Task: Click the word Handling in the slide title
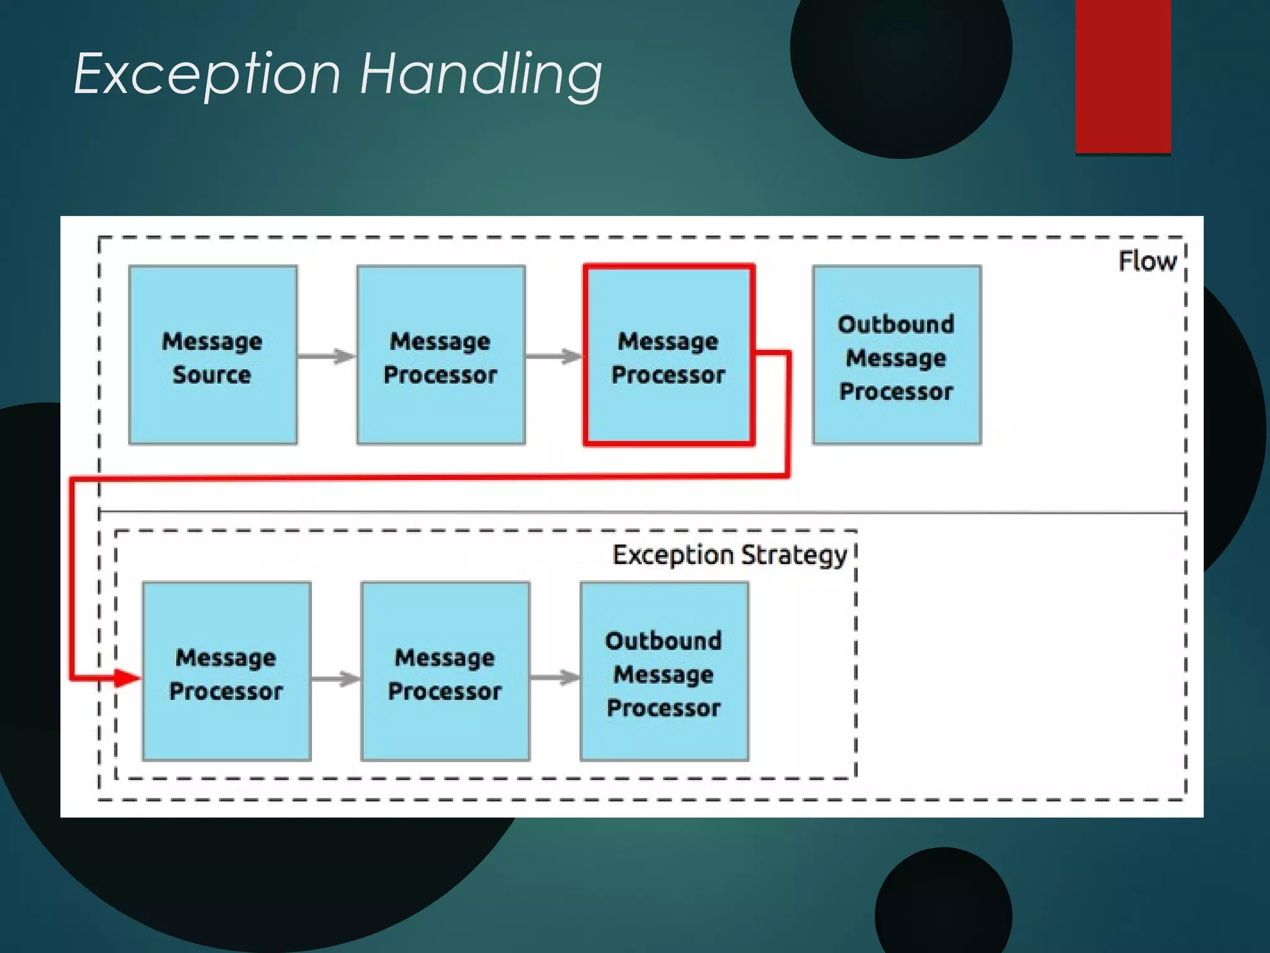[481, 74]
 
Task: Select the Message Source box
[213, 356]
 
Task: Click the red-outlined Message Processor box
[668, 356]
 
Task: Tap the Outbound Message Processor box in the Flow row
[897, 356]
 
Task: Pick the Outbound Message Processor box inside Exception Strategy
[664, 672]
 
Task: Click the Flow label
[1147, 261]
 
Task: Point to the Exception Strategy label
[729, 555]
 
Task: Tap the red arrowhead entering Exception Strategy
[127, 678]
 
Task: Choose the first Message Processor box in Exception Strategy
[226, 672]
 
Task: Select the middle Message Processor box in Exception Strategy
[445, 672]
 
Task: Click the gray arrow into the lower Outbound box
[556, 678]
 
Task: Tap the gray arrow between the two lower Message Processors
[336, 679]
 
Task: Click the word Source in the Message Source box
[212, 375]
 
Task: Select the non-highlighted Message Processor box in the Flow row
[441, 356]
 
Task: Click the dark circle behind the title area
[900, 62]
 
